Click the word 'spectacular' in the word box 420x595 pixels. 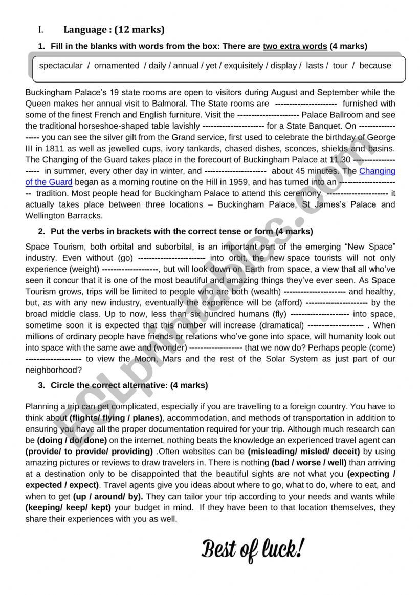[x=61, y=66]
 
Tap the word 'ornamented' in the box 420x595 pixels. [x=117, y=66]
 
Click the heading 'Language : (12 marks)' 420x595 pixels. [x=114, y=30]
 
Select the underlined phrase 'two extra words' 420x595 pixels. [x=295, y=46]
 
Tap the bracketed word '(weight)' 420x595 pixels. [x=85, y=269]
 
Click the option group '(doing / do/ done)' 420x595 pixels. [x=72, y=440]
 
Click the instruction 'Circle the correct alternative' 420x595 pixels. [x=109, y=385]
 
